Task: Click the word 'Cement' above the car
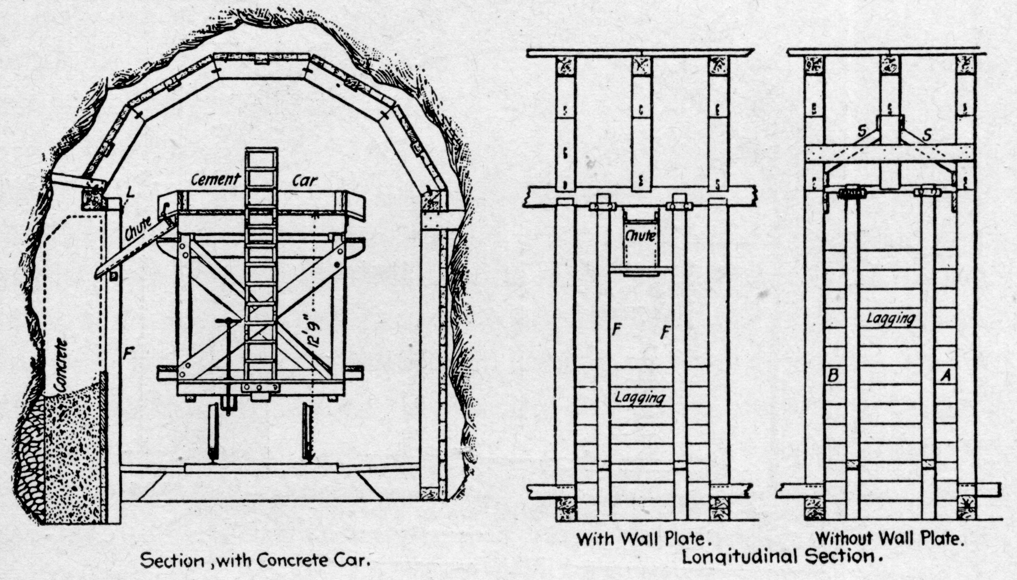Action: pyautogui.click(x=215, y=180)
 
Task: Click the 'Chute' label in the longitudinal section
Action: pyautogui.click(x=640, y=236)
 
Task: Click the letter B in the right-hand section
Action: pyautogui.click(x=833, y=376)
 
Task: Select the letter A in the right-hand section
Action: pyautogui.click(x=946, y=376)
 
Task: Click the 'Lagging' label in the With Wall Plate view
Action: pyautogui.click(x=640, y=397)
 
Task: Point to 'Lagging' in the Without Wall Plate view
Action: pyautogui.click(x=891, y=319)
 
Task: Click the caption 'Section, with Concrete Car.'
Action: pyautogui.click(x=255, y=561)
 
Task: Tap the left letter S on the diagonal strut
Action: pyautogui.click(x=861, y=133)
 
